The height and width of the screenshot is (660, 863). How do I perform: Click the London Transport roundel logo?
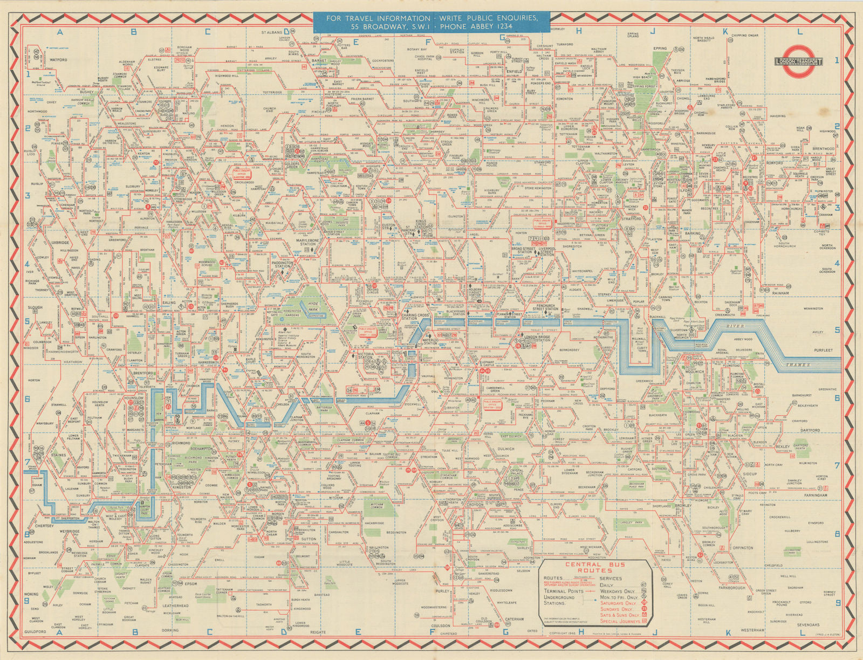click(x=799, y=56)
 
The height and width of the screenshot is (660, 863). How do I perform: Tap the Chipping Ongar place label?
click(x=745, y=36)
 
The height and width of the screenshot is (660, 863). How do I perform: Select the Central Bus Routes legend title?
click(x=595, y=567)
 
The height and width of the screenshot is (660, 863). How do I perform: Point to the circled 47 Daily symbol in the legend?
click(x=643, y=585)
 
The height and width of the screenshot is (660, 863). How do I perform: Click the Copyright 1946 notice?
click(x=562, y=633)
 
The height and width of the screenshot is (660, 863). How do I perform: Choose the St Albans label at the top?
click(x=272, y=32)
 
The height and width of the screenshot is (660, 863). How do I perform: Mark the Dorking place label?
click(x=170, y=630)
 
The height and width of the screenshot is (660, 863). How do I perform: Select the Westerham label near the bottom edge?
click(x=752, y=630)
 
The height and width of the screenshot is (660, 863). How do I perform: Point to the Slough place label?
click(x=35, y=307)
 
